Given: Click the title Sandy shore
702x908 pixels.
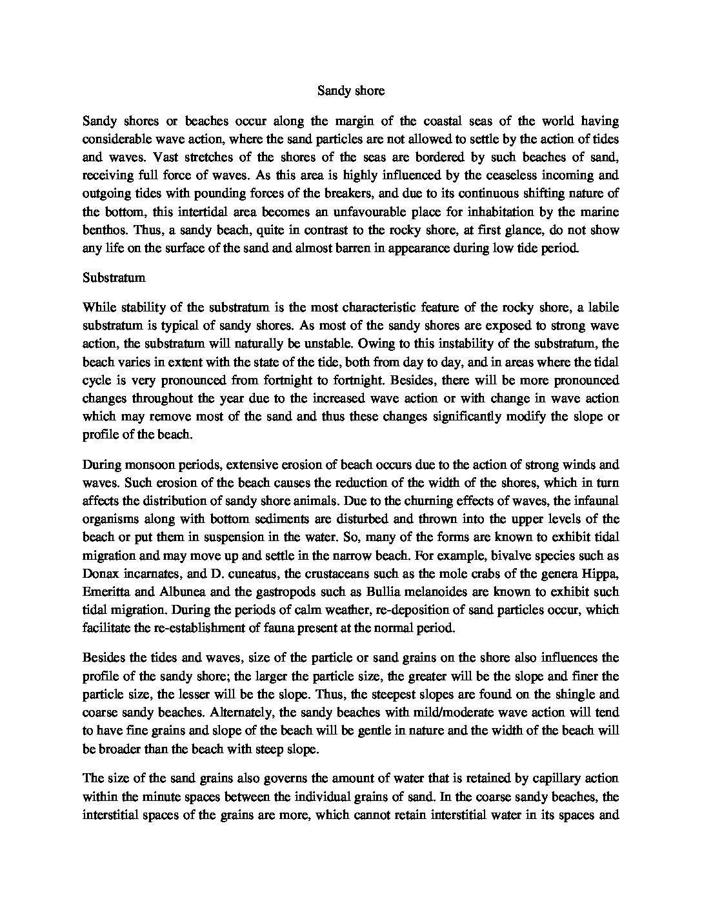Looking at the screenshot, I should point(351,91).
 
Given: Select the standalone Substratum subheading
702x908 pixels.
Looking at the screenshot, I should point(114,278).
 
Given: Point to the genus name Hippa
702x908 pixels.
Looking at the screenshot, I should point(602,573).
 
